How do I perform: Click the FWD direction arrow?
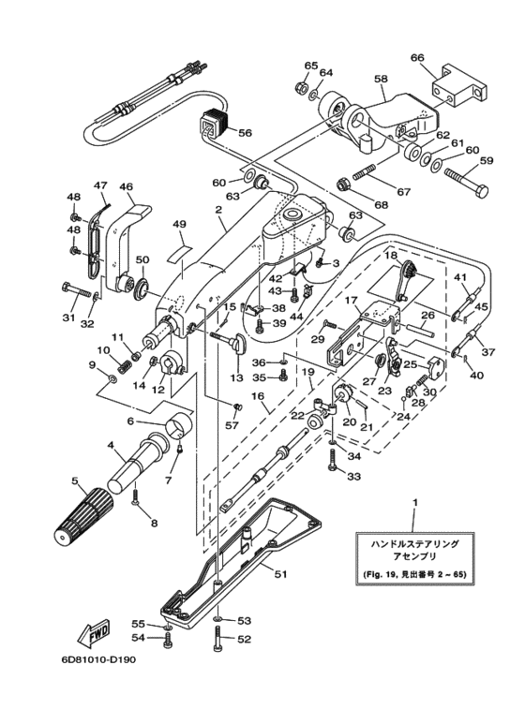pos(95,638)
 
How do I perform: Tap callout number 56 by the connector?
pos(245,132)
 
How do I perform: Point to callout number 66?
pos(417,57)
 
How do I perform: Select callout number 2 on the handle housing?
pos(217,212)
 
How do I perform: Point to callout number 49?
pos(179,224)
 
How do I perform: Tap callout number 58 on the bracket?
pos(381,80)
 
